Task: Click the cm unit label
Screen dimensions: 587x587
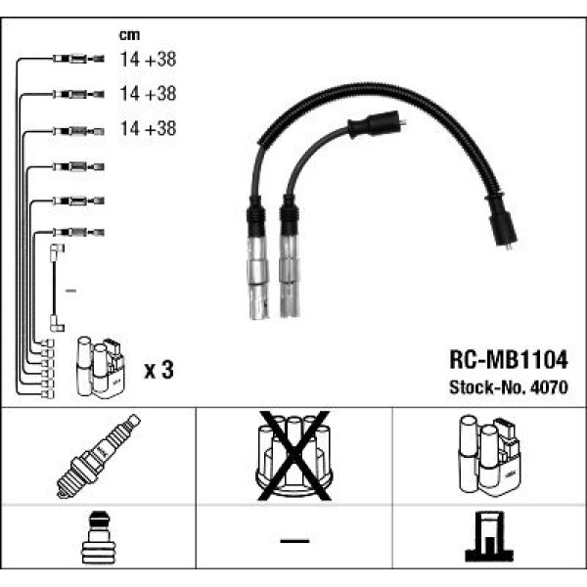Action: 130,36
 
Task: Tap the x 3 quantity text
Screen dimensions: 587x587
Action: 158,370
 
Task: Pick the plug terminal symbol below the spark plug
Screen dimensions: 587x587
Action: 98,538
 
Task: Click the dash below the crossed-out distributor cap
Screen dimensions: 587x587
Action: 293,541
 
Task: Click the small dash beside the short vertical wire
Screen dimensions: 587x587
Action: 69,292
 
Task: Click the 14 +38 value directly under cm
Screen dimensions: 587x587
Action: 147,60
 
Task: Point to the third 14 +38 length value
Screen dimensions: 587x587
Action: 147,128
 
